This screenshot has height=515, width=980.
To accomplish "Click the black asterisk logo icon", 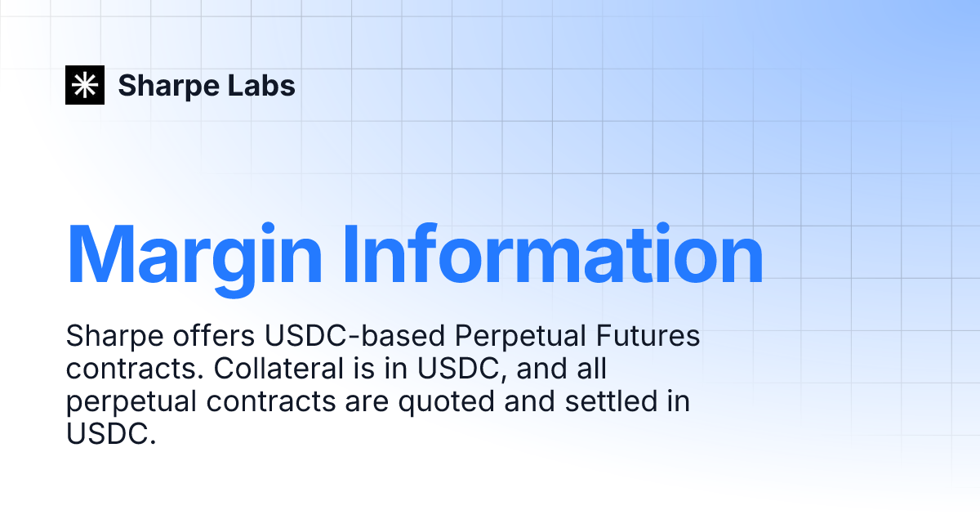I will click(85, 84).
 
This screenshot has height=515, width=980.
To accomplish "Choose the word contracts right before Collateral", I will click(135, 369).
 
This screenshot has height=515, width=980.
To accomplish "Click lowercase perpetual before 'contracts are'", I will click(136, 402).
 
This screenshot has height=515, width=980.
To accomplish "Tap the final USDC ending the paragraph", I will click(109, 433).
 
